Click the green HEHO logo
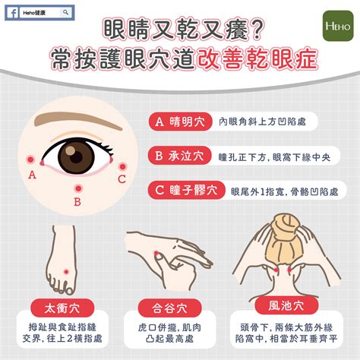(x=338, y=26)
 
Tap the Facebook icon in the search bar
(x=13, y=13)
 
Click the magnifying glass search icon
(x=65, y=12)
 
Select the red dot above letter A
(x=30, y=159)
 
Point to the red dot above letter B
(x=78, y=188)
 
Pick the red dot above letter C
(x=122, y=166)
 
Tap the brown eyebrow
(x=78, y=120)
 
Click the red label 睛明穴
(x=180, y=122)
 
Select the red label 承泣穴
(x=180, y=156)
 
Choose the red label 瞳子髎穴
(x=187, y=190)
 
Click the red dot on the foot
(x=66, y=272)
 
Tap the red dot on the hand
(x=156, y=253)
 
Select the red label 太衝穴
(x=62, y=308)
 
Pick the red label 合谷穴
(x=169, y=308)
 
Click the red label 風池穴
(x=286, y=306)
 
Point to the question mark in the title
(x=257, y=30)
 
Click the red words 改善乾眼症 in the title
(x=257, y=59)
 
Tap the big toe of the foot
(x=69, y=289)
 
